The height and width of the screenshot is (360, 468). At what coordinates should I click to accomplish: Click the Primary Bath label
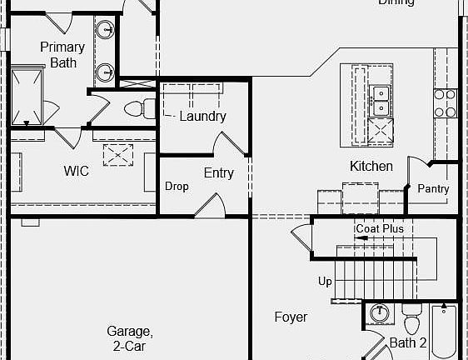coord(62,54)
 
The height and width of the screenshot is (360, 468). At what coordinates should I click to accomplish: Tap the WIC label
coord(76,171)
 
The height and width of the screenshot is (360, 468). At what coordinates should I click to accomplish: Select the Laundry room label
coord(202,116)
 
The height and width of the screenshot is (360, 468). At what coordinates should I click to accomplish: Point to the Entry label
coord(218,173)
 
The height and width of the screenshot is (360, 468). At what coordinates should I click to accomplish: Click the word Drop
coord(176,187)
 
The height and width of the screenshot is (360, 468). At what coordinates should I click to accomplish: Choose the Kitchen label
coord(371,166)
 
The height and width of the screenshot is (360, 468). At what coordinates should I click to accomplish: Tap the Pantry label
coord(433,189)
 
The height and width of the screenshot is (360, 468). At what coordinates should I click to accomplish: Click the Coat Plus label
coord(380,228)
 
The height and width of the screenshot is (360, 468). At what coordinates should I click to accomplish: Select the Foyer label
coord(291,317)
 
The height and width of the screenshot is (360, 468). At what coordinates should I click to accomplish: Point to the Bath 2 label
coord(408,342)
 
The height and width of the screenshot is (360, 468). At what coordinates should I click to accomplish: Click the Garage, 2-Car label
coord(129,337)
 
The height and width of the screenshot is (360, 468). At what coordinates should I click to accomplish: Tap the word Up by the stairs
coord(325,281)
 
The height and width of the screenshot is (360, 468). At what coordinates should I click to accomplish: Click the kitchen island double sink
coord(380,99)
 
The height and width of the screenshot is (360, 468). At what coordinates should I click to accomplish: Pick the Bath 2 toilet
coord(411,319)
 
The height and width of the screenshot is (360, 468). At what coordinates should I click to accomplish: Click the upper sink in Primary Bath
coord(106,31)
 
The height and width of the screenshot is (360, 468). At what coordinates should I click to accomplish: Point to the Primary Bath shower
coord(28,96)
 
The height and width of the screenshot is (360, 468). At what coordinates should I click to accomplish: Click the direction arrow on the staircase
coord(360,238)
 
